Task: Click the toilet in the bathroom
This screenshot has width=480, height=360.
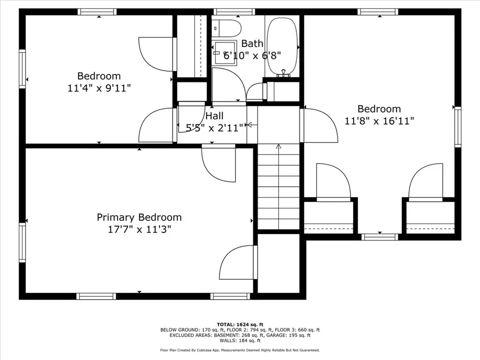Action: [x=227, y=29]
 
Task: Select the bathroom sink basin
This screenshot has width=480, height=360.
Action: [x=225, y=53]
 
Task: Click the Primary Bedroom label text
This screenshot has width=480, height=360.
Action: [x=139, y=217]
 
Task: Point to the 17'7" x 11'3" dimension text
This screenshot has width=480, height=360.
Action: [x=139, y=229]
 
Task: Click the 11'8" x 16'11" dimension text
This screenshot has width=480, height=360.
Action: [x=379, y=121]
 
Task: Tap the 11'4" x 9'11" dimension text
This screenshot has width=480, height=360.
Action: [x=99, y=88]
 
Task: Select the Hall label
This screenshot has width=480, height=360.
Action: [x=214, y=116]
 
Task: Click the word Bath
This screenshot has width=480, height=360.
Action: [x=252, y=44]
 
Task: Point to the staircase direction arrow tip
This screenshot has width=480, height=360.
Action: [x=278, y=145]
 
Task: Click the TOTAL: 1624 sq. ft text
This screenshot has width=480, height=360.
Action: [x=240, y=324]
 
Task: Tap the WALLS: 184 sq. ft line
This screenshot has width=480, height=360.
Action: [x=240, y=340]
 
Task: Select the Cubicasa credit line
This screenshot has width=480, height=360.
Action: [x=240, y=350]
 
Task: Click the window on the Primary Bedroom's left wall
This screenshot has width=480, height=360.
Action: [x=22, y=242]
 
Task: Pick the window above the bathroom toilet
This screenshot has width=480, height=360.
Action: [x=234, y=12]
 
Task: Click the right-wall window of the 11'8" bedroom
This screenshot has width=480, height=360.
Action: [x=457, y=127]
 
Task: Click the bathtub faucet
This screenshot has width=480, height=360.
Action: [x=284, y=73]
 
